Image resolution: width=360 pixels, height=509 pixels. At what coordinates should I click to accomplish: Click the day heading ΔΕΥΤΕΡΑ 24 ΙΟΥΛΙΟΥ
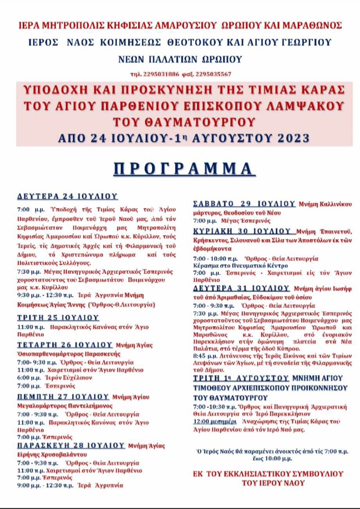coord(68,196)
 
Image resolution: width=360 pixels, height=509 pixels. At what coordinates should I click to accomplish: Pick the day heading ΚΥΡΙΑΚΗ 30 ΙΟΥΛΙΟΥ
coord(243,230)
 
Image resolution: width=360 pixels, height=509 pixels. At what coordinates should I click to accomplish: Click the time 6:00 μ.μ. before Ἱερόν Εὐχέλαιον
coord(29,378)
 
